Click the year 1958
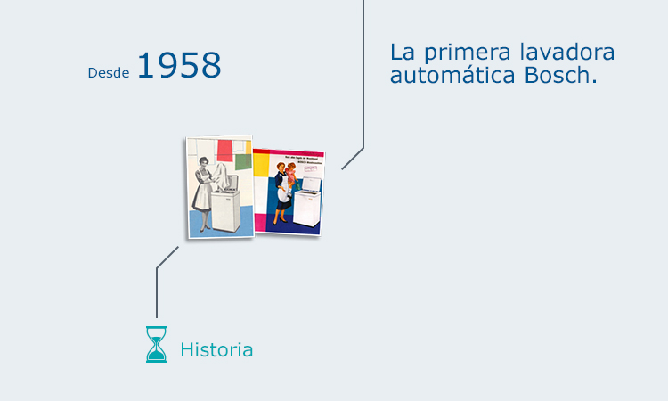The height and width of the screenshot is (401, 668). (x=179, y=67)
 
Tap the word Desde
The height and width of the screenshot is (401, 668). (x=109, y=73)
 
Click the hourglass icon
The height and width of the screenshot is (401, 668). (x=156, y=344)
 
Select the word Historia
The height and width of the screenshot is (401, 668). (x=216, y=350)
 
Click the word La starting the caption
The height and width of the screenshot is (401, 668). (x=402, y=52)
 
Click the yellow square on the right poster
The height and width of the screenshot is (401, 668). (x=262, y=163)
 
